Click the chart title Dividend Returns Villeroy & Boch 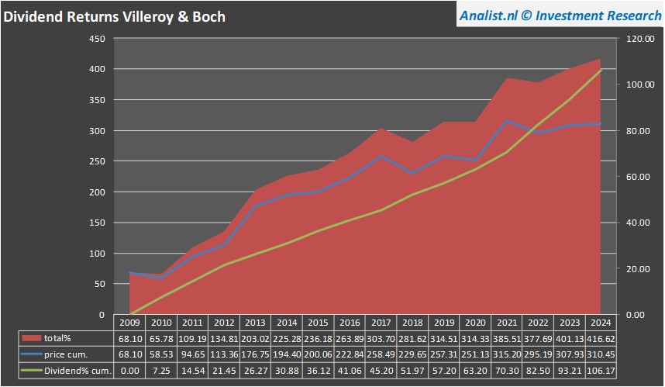pyautogui.click(x=114, y=16)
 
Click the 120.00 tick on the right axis pyautogui.click(x=640, y=39)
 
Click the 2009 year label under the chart pyautogui.click(x=129, y=323)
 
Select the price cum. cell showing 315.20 pyautogui.click(x=505, y=354)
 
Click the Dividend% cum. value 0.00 pyautogui.click(x=129, y=371)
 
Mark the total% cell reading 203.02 pyautogui.click(x=254, y=338)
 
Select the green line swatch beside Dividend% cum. pyautogui.click(x=31, y=371)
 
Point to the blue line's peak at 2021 pyautogui.click(x=505, y=121)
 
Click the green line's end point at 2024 pyautogui.click(x=601, y=71)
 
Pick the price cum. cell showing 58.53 pyautogui.click(x=160, y=354)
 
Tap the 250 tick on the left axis pyautogui.click(x=96, y=161)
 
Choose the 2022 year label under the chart pyautogui.click(x=537, y=323)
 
